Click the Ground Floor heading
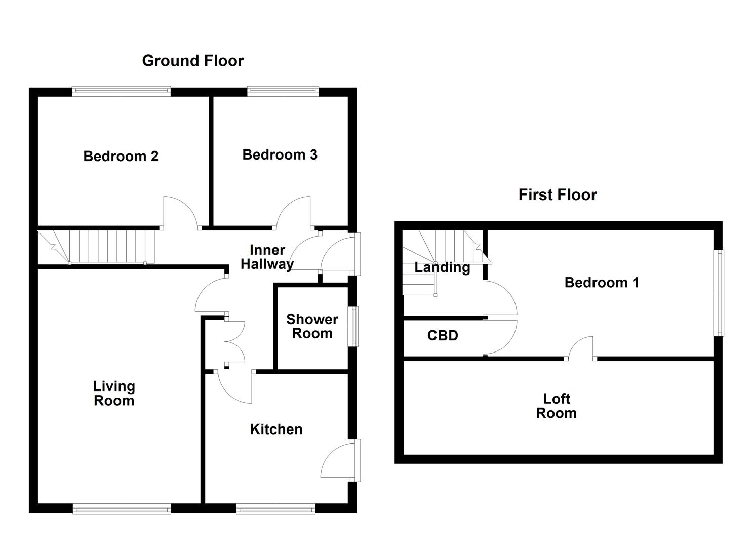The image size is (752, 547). [x=192, y=61]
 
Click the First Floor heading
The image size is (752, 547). [x=557, y=195]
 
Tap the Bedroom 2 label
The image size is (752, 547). [x=121, y=156]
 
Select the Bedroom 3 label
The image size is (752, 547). [x=280, y=154]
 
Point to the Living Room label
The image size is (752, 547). [x=114, y=394]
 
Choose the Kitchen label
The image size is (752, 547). [x=276, y=429]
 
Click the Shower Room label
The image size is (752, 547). [x=312, y=326]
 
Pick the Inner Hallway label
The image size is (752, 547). [x=267, y=257]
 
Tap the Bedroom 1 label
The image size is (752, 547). [x=601, y=283]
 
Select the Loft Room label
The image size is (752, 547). [x=556, y=406]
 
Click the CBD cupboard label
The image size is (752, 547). [x=443, y=336]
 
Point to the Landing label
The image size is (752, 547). [x=442, y=267]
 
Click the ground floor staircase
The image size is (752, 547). [x=101, y=247]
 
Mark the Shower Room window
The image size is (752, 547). [x=354, y=326]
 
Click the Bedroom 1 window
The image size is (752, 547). [x=719, y=293]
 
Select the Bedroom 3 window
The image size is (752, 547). [x=283, y=92]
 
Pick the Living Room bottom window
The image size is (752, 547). [x=122, y=509]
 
